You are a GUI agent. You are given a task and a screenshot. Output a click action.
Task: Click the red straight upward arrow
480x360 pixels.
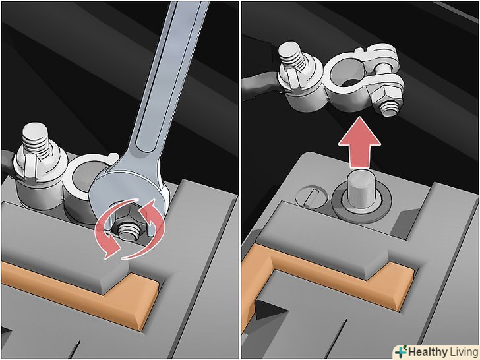coord(359,142)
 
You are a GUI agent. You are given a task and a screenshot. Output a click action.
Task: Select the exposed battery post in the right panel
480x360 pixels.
coord(361,191)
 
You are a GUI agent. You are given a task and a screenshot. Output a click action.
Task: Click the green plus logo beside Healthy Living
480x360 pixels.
coord(401,351)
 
